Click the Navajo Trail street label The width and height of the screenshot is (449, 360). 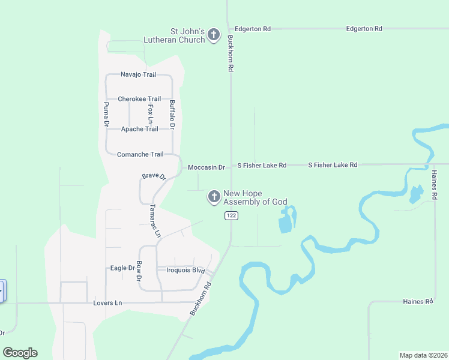138,74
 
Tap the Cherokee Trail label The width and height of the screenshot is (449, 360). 139,99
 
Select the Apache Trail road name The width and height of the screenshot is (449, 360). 139,129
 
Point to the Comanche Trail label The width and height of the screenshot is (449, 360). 140,154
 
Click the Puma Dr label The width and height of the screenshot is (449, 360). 106,114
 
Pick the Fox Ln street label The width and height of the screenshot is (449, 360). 151,114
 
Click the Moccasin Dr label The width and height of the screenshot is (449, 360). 206,167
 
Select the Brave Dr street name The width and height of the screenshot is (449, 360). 154,176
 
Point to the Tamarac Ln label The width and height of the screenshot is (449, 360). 155,220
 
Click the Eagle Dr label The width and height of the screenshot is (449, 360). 122,268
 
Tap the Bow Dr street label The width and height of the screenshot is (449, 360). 139,271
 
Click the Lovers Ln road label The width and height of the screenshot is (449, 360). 107,303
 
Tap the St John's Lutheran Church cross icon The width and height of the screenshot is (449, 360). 214,36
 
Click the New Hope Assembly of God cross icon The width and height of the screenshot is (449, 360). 214,197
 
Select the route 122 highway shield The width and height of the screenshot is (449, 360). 230,216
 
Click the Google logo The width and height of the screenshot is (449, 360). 20,353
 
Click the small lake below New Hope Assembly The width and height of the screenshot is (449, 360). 286,221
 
